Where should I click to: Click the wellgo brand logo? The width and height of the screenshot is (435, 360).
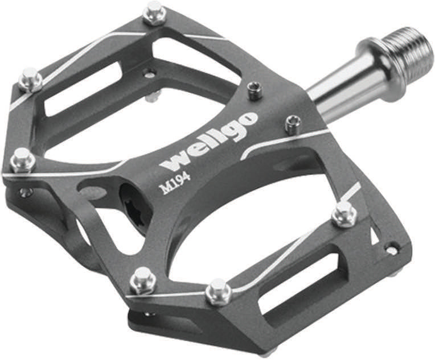pos(208,141)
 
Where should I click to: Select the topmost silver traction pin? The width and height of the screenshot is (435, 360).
pos(154,13)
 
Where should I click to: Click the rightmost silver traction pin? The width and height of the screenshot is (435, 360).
pos(344,214)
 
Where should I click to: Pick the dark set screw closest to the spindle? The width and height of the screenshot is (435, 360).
pos(292,124)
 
